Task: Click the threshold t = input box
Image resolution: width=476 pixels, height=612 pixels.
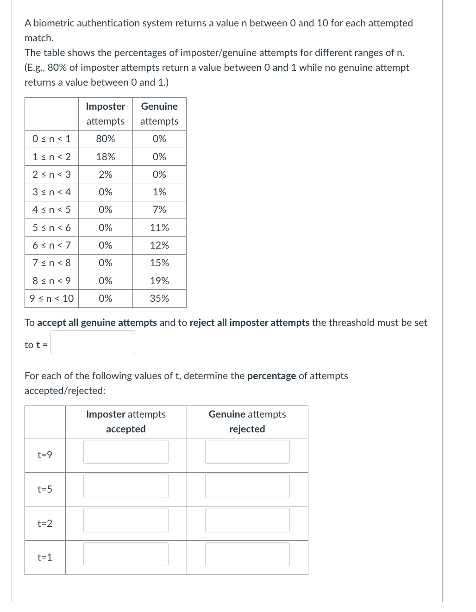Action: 93,342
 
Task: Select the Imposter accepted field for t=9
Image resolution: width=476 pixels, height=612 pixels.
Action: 125,452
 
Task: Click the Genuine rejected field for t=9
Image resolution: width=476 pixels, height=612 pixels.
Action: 247,452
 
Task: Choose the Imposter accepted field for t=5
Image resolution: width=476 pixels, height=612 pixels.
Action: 125,486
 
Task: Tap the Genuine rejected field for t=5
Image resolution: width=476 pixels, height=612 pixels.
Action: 247,486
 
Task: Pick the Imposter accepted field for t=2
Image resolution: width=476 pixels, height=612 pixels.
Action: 125,520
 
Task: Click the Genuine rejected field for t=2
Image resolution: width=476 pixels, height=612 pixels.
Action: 247,520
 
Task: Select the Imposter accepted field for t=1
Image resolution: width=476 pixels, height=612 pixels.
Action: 125,554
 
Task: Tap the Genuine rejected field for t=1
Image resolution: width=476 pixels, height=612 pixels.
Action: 247,554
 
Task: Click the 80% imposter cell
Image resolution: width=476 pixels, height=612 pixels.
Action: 106,139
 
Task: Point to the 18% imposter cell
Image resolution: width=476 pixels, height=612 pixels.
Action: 106,157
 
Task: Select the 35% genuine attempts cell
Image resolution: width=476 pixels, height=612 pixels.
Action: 159,299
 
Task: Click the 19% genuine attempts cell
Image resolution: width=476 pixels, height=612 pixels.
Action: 159,281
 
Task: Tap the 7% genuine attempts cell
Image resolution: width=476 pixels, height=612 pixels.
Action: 159,210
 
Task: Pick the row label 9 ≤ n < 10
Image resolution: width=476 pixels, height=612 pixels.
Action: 51,299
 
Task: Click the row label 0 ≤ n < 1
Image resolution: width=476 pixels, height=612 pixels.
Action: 51,139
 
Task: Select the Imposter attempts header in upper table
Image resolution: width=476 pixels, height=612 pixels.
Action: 106,114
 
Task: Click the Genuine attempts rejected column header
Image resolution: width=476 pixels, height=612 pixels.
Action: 247,422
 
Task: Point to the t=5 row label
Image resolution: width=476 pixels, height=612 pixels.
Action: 45,489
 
